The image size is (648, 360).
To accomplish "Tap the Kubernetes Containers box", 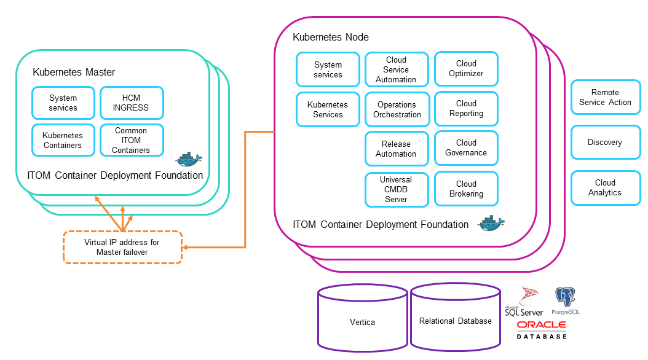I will [63, 140].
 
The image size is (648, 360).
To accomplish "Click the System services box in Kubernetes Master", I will [63, 103].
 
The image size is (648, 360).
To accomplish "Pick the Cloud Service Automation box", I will [396, 69].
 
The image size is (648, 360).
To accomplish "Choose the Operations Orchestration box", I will [397, 109].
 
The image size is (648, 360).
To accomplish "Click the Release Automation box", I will [396, 149].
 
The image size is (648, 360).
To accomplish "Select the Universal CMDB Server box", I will [396, 189].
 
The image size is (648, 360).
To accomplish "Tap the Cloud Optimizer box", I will [466, 68].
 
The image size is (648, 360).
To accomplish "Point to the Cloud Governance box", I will [466, 147].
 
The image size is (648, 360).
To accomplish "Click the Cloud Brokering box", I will [466, 189].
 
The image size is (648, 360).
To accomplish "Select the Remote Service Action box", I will [605, 97].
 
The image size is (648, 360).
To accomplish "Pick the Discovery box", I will [605, 142].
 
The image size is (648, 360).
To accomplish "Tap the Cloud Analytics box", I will [605, 187].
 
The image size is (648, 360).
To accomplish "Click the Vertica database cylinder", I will [362, 321].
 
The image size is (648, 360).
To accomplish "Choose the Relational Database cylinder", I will [456, 321].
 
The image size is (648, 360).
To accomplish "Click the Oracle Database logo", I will [542, 329].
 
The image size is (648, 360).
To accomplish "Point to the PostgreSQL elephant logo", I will [565, 299].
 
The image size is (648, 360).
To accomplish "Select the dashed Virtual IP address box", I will [122, 247].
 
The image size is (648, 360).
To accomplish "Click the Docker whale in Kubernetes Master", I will [189, 159].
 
